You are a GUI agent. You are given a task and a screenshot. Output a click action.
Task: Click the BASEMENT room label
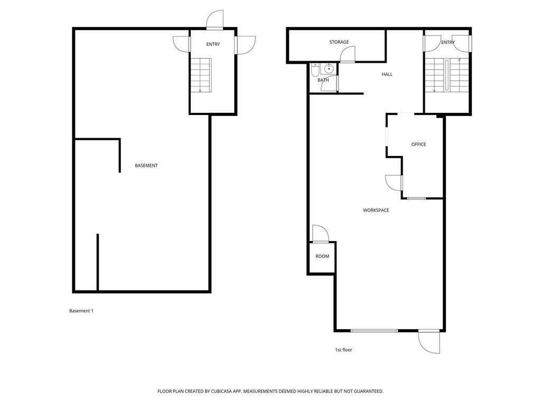point(146,166)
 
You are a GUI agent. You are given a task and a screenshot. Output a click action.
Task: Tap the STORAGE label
point(339,42)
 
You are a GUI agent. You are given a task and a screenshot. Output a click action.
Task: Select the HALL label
point(387,74)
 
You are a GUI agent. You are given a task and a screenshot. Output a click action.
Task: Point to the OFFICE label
point(418,144)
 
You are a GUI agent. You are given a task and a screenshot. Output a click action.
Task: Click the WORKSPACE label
point(376,210)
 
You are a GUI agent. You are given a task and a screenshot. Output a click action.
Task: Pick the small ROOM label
point(322,256)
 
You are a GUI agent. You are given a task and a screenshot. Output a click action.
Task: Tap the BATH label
point(323,80)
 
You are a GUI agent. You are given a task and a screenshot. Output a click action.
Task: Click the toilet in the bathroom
point(314,70)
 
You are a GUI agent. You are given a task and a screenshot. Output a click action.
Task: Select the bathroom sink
point(329,69)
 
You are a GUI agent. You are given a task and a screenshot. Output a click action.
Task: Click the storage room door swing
point(347,55)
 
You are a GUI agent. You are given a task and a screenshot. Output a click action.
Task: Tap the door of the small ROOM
point(320,234)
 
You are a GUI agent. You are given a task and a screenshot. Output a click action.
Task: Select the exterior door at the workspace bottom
point(429,342)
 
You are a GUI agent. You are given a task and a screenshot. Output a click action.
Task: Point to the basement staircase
point(200,75)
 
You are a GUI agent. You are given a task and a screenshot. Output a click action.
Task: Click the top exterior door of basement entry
point(214,20)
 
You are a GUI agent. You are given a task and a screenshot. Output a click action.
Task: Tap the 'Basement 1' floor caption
point(81,311)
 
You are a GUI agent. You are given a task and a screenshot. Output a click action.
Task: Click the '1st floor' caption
point(343,350)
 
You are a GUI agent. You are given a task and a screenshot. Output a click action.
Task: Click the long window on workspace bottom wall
point(374,331)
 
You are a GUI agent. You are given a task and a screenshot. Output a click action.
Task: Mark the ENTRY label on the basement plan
point(213,44)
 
